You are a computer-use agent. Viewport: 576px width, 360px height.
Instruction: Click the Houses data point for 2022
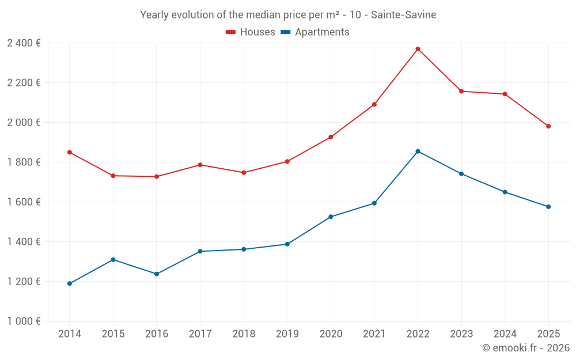click(418, 49)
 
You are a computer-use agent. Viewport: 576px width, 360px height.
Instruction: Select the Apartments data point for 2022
click(418, 151)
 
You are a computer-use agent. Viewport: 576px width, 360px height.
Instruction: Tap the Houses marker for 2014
click(70, 152)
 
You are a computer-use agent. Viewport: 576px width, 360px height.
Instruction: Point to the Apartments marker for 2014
click(70, 283)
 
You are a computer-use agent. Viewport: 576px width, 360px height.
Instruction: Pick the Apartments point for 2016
click(157, 274)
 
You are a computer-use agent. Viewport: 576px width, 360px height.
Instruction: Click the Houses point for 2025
click(548, 126)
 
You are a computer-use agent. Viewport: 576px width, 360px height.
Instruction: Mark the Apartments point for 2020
click(331, 217)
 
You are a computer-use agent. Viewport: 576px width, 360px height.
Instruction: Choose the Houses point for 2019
click(287, 161)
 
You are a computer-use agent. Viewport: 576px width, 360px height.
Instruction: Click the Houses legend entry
click(257, 32)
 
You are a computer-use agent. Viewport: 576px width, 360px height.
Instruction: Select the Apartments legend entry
click(322, 32)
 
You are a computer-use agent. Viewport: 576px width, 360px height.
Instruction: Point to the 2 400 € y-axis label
click(24, 43)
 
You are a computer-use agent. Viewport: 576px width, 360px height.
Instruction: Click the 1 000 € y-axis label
click(24, 321)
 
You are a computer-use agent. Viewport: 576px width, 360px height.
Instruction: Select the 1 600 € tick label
click(24, 202)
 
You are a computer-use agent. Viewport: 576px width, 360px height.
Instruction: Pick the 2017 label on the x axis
click(200, 334)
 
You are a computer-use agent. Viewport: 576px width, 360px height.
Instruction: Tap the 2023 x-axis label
click(461, 334)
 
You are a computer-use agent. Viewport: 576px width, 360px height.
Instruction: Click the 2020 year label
click(331, 334)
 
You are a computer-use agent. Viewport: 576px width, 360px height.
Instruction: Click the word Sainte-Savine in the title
click(403, 15)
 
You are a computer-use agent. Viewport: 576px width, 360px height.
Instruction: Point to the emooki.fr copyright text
click(526, 348)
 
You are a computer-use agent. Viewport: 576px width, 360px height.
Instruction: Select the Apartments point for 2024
click(505, 192)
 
